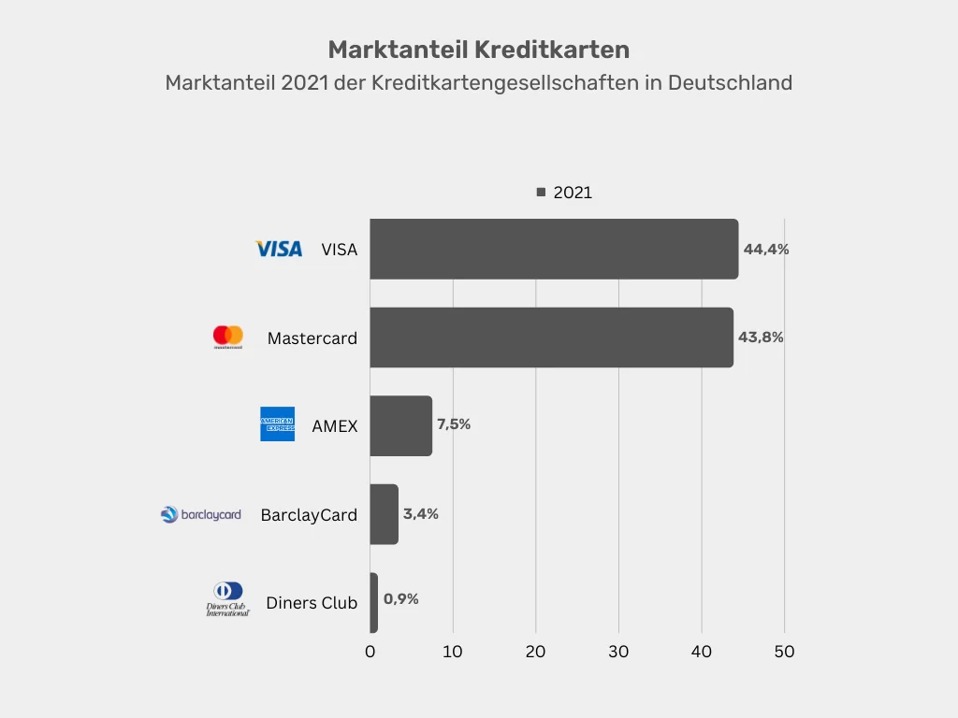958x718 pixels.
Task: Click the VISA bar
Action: [554, 249]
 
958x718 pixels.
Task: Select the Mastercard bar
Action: [551, 337]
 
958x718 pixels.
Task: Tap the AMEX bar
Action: [400, 425]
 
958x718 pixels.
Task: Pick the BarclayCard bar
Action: [384, 514]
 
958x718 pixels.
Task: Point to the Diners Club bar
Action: [373, 602]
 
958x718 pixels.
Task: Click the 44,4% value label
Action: [766, 250]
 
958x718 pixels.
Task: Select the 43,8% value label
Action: [760, 337]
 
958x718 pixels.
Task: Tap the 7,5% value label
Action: [454, 424]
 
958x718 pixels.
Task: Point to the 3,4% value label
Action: [421, 513]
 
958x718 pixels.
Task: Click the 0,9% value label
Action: [401, 599]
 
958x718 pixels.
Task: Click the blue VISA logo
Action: [279, 249]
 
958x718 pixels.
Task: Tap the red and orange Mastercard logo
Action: [228, 337]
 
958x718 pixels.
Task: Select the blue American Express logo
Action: [277, 424]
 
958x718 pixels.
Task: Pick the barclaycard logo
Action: [201, 514]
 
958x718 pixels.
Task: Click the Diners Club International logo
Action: [228, 599]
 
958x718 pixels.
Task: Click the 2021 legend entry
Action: [565, 193]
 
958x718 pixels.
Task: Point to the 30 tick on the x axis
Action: [618, 652]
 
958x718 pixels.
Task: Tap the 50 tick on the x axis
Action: [784, 652]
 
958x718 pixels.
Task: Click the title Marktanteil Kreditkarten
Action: [478, 50]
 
